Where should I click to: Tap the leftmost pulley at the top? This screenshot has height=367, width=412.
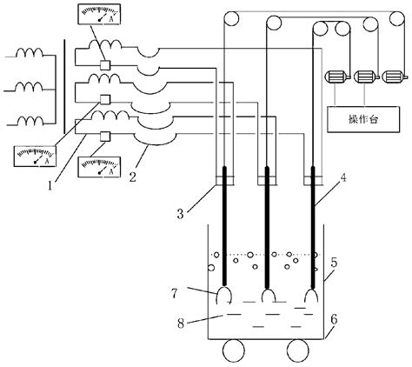230,19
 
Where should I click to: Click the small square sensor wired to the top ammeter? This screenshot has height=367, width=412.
104,65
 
